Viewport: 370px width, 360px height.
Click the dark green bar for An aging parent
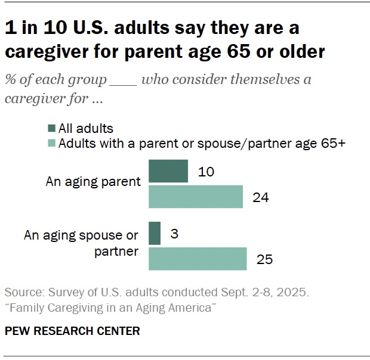tap(168, 172)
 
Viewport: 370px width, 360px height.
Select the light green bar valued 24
tap(195, 197)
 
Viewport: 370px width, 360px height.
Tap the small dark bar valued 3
tap(154, 233)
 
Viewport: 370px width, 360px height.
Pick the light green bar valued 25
tap(197, 259)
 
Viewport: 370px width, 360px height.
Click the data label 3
tap(174, 234)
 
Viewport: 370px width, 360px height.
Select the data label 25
tap(264, 259)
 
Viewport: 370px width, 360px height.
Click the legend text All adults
tap(86, 128)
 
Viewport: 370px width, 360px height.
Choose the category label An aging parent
tap(93, 182)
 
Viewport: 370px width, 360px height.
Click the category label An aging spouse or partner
tap(81, 243)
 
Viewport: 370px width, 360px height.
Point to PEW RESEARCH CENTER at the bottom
tap(72, 331)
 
